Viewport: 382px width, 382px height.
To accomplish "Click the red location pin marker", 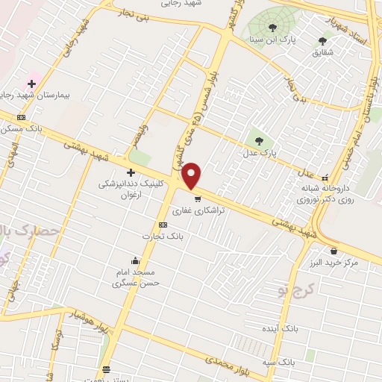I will pyautogui.click(x=192, y=176).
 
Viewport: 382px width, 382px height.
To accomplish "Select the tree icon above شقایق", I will pyautogui.click(x=322, y=41).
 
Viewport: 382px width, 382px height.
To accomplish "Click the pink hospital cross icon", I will pyautogui.click(x=31, y=84).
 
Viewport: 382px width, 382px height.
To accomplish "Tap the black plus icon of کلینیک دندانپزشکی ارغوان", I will pyautogui.click(x=131, y=173).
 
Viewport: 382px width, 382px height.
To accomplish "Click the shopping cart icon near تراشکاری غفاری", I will pyautogui.click(x=197, y=199).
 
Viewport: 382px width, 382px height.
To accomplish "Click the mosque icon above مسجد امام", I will pyautogui.click(x=134, y=261).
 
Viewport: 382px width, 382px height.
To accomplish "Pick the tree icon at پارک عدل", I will pyautogui.click(x=259, y=140).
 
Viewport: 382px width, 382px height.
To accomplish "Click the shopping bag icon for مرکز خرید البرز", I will pyautogui.click(x=333, y=251).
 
